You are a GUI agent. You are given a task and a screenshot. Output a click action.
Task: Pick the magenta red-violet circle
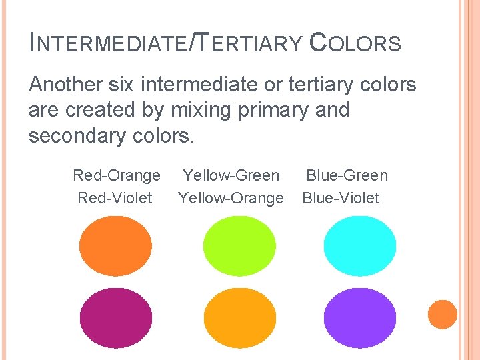click(x=115, y=318)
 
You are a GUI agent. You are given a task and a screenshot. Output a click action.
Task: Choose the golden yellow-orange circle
click(x=239, y=318)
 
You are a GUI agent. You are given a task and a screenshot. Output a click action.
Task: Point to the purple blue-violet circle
click(x=360, y=318)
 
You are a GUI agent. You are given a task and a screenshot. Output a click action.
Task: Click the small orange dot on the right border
click(x=443, y=315)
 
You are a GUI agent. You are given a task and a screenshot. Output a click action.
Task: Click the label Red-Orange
click(x=117, y=175)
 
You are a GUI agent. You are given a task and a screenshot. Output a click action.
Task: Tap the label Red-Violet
click(x=115, y=198)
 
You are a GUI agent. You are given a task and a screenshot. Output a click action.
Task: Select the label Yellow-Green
click(x=231, y=175)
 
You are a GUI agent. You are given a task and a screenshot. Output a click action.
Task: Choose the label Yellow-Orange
click(x=231, y=198)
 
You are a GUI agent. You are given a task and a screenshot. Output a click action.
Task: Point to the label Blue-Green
click(x=347, y=175)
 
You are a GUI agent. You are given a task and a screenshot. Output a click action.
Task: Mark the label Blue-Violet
click(x=341, y=198)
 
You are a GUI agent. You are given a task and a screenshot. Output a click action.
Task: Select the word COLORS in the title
click(x=355, y=44)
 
